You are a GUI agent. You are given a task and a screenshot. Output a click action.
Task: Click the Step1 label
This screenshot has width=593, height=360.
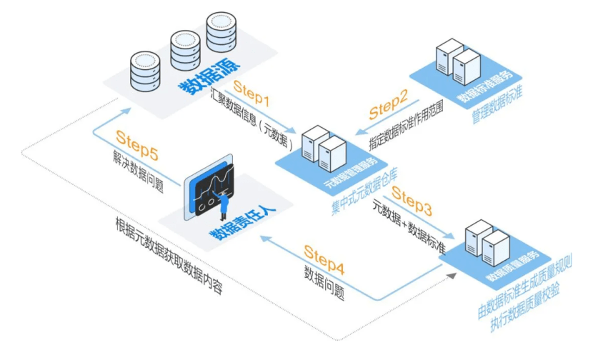coord(251,93)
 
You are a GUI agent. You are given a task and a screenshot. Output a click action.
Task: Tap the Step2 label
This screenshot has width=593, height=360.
coord(389,104)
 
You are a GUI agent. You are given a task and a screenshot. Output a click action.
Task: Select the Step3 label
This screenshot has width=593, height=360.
coord(412,201)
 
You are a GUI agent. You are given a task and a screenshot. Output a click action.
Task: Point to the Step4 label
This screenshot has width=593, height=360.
coord(324,259)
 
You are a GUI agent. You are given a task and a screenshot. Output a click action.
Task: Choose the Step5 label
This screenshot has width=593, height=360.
coord(137,145)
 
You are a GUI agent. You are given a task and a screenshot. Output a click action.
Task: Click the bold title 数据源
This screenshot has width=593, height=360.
coord(209,76)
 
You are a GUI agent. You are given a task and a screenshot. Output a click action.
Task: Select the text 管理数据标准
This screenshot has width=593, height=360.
coord(497,104)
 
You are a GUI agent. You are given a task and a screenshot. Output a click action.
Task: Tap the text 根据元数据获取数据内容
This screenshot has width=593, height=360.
coord(169,255)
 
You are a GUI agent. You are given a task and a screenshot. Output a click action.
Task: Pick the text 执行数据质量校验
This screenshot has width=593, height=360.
coord(525,309)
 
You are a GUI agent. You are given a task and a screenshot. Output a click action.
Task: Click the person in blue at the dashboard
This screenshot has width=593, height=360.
coord(222,204)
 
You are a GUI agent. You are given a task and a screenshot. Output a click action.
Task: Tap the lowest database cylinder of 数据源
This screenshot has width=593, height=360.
coord(145,71)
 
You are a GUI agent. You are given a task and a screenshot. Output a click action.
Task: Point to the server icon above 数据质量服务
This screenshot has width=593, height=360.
coord(487,243)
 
